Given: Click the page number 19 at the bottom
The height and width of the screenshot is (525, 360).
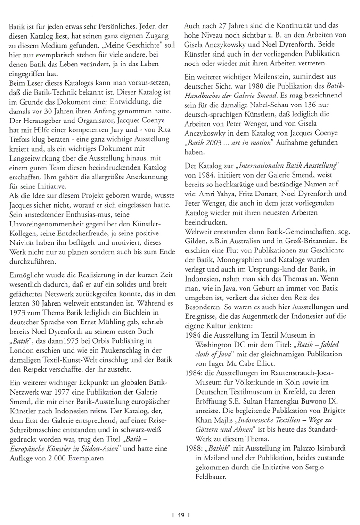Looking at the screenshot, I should (180, 515).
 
